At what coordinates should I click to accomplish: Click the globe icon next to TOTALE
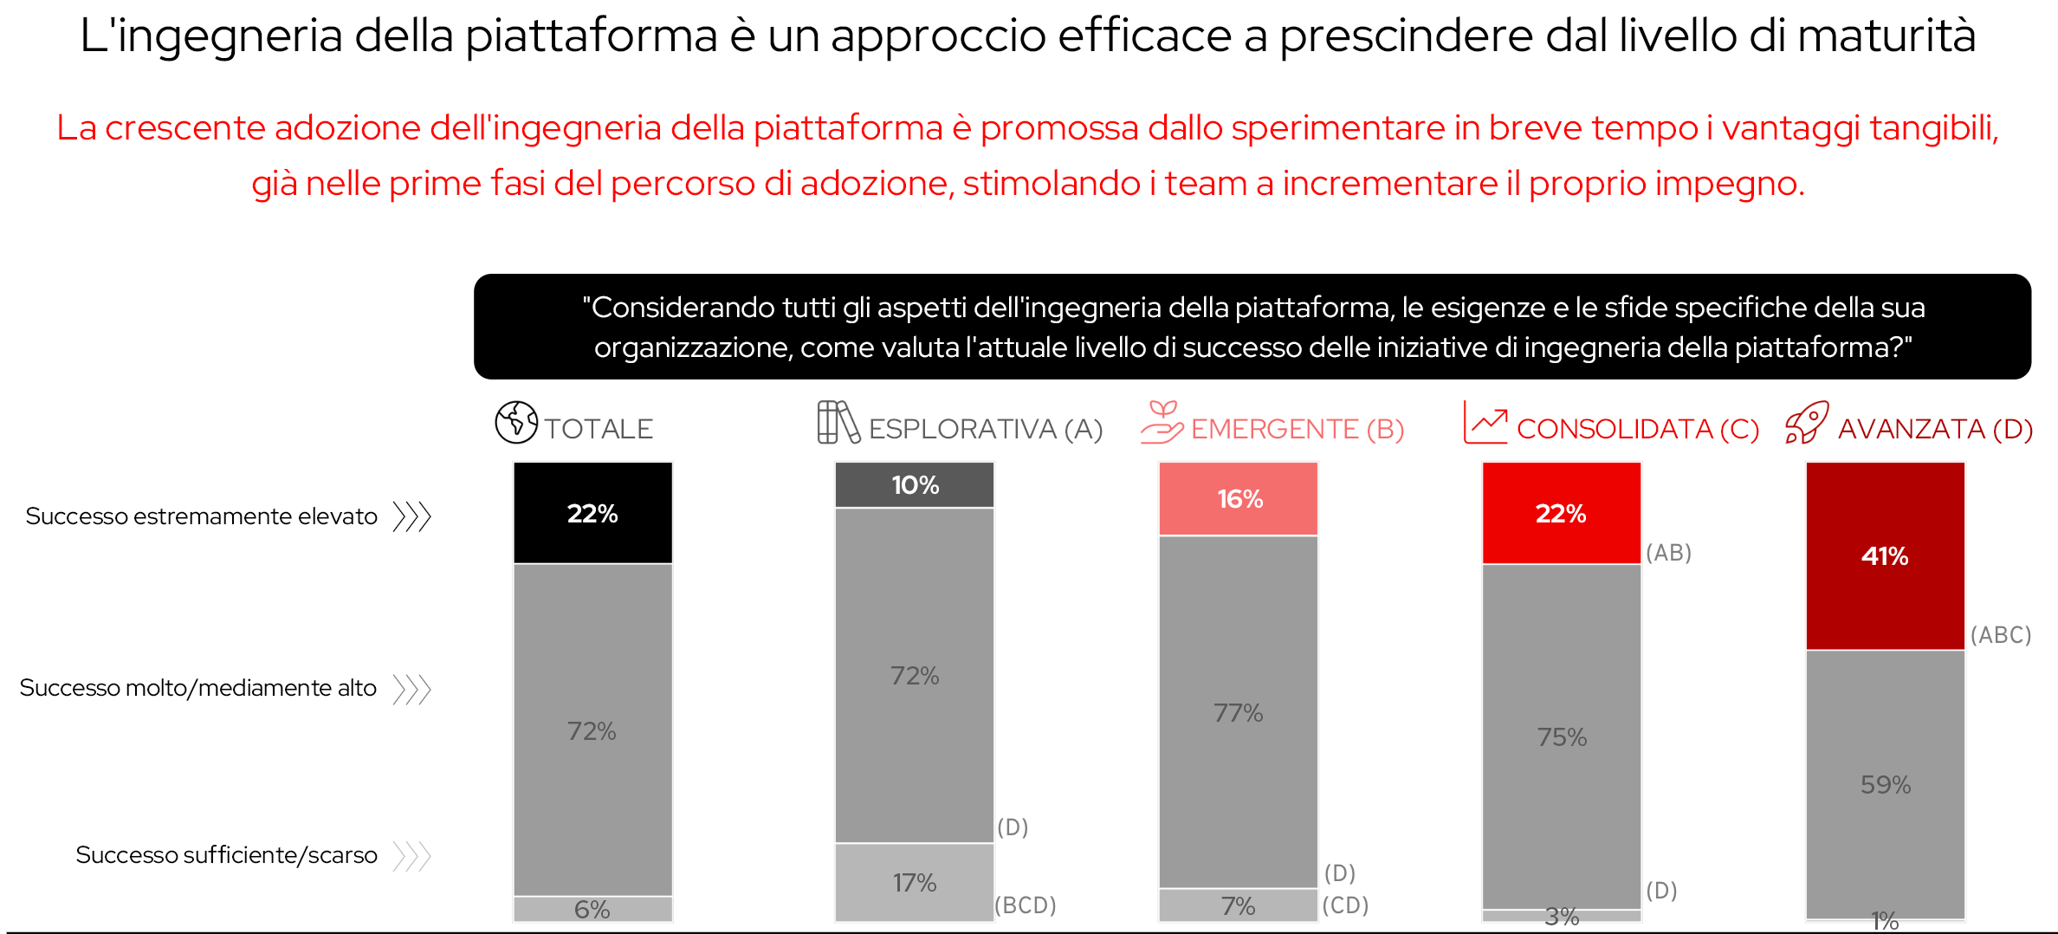[516, 423]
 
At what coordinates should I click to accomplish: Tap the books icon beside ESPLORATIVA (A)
[838, 423]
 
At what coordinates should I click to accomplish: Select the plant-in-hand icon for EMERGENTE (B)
[1162, 423]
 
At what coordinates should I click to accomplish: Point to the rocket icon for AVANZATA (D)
[1807, 423]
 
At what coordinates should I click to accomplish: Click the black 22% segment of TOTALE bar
[592, 513]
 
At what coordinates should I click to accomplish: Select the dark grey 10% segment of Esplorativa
[915, 485]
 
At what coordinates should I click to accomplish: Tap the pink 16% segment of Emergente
[1239, 499]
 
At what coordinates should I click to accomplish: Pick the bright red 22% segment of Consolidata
[1561, 513]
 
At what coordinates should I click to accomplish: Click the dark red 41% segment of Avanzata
[1885, 556]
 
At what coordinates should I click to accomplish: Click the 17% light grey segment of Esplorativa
[915, 882]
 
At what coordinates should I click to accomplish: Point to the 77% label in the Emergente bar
[1238, 713]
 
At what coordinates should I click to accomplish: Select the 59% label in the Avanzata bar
[1885, 785]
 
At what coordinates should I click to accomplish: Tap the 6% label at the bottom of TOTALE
[592, 910]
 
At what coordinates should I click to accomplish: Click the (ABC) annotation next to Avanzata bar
[2000, 635]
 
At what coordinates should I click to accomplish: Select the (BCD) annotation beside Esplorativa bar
[1025, 905]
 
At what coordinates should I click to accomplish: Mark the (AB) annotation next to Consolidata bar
[1668, 553]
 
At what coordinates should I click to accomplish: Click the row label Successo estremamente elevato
[201, 516]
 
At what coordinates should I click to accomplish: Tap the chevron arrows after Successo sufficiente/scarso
[411, 856]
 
